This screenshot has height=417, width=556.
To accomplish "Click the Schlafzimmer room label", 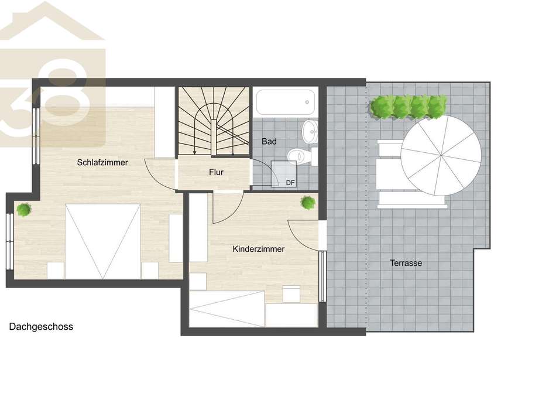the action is click(x=102, y=163).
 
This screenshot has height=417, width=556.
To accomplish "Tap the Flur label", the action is click(x=217, y=172).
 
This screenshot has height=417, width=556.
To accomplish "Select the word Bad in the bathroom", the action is click(x=269, y=142).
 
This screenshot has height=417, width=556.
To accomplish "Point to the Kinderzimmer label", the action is click(x=259, y=249).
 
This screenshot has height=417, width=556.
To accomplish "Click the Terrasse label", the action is click(x=406, y=263).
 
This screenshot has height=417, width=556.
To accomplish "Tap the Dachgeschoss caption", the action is click(x=41, y=327).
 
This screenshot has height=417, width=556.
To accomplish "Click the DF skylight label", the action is click(x=290, y=183).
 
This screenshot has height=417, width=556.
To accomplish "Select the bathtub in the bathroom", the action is click(x=286, y=102).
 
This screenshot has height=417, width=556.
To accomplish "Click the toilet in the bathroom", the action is click(x=302, y=156).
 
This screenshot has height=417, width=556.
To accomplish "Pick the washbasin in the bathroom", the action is click(x=310, y=132).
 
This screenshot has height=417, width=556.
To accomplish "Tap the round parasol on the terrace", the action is click(x=441, y=155).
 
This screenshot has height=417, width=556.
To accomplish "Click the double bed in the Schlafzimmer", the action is click(x=103, y=241).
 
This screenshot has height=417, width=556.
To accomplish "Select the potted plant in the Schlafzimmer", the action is click(x=23, y=210).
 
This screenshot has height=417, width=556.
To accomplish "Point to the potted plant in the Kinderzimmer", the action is click(x=308, y=203).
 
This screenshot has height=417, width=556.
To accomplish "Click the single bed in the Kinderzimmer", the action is click(x=227, y=309).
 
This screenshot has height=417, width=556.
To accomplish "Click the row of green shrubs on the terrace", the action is click(x=408, y=106).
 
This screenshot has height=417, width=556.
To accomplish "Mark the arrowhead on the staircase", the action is click(x=195, y=152).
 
